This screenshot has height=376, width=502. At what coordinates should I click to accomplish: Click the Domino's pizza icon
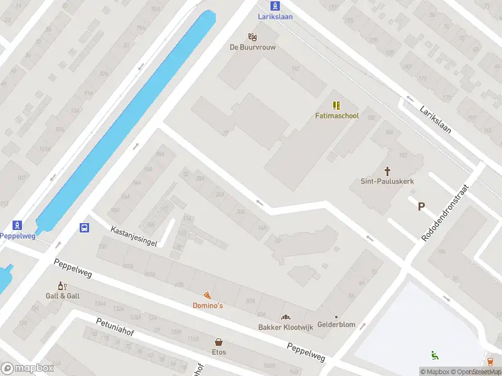tap(207, 295)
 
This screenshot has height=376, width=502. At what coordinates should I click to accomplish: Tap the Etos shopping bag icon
tap(219, 342)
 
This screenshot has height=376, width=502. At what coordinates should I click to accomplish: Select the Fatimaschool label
tap(336, 116)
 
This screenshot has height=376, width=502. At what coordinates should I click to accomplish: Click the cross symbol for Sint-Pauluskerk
tap(387, 170)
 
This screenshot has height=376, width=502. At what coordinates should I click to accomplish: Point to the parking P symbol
tap(421, 206)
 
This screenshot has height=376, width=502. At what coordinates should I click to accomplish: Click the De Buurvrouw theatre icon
tap(252, 37)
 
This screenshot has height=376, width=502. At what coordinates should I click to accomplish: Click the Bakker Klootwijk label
tap(286, 327)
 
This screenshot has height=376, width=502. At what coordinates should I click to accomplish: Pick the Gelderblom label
tap(336, 325)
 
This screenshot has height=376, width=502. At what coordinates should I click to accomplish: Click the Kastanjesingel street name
tap(133, 236)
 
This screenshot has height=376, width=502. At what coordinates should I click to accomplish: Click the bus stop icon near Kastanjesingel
tap(84, 227)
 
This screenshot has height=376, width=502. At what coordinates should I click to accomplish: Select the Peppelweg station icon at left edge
tap(17, 226)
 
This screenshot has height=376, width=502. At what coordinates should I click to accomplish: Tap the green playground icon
tap(434, 355)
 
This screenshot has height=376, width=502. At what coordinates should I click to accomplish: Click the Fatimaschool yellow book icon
tap(336, 105)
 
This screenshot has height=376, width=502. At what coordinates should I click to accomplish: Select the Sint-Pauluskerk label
tap(387, 181)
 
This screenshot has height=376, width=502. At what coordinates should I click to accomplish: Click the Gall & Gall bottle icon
tap(62, 286)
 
